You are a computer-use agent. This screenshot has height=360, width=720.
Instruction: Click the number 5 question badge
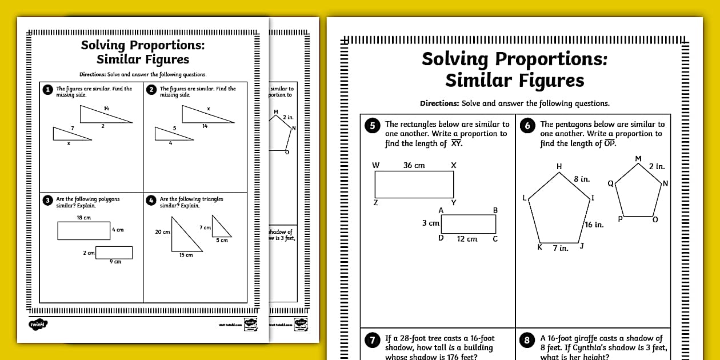click(x=372, y=126)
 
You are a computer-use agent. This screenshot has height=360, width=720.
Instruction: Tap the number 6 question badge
click(x=527, y=126)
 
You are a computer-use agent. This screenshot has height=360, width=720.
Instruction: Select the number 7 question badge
click(x=372, y=341)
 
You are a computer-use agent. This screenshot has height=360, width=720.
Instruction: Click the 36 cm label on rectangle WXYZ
click(x=414, y=165)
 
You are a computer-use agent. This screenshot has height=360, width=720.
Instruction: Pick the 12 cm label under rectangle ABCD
click(x=467, y=239)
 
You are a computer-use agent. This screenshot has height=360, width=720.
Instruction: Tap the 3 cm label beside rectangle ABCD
click(x=430, y=223)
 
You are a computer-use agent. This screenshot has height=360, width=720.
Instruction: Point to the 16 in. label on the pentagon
click(x=594, y=225)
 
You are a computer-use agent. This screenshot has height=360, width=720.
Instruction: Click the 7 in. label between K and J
click(x=560, y=249)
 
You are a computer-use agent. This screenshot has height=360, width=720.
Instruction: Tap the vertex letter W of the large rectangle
click(x=375, y=165)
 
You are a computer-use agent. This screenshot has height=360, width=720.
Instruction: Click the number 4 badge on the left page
click(x=151, y=201)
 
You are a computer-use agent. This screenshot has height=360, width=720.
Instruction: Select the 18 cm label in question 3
click(x=83, y=218)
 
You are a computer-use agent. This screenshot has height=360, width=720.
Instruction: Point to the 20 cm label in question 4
click(x=162, y=232)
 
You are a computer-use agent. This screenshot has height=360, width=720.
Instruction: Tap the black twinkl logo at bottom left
click(x=38, y=324)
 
